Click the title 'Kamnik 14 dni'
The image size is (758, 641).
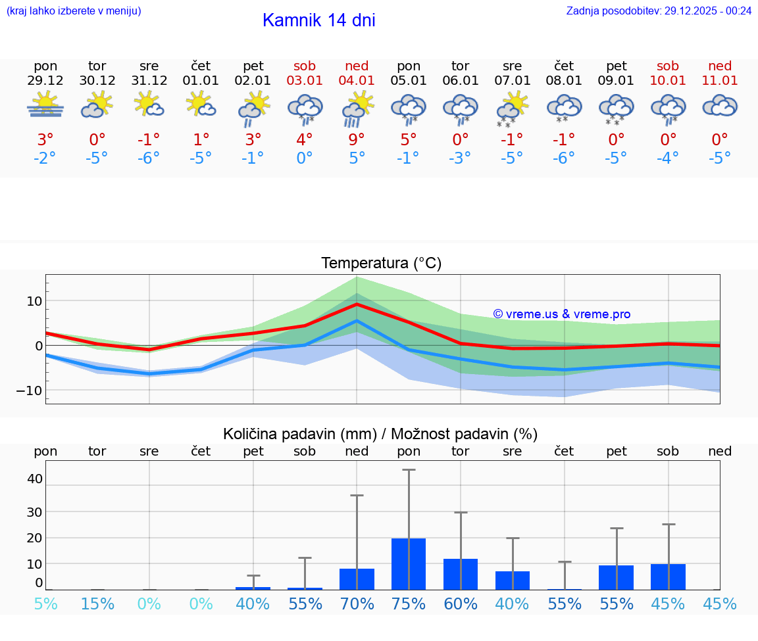318,20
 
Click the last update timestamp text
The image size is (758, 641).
659,11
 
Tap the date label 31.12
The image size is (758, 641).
149,81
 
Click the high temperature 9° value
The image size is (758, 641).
357,140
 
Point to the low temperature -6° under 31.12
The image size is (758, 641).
149,158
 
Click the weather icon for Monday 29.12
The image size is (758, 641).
45,105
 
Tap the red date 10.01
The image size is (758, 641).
668,81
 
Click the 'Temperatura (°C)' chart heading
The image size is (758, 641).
381,264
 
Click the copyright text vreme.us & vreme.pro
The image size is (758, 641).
561,314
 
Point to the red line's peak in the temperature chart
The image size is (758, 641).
357,304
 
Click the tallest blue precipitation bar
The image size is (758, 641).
409,563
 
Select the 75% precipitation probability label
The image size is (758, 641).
409,604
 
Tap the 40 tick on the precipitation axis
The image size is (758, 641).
34,479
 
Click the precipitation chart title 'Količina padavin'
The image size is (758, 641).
380,434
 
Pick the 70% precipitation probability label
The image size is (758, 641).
357,604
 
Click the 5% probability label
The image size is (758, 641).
45,604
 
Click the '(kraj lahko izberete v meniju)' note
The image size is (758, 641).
74,11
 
